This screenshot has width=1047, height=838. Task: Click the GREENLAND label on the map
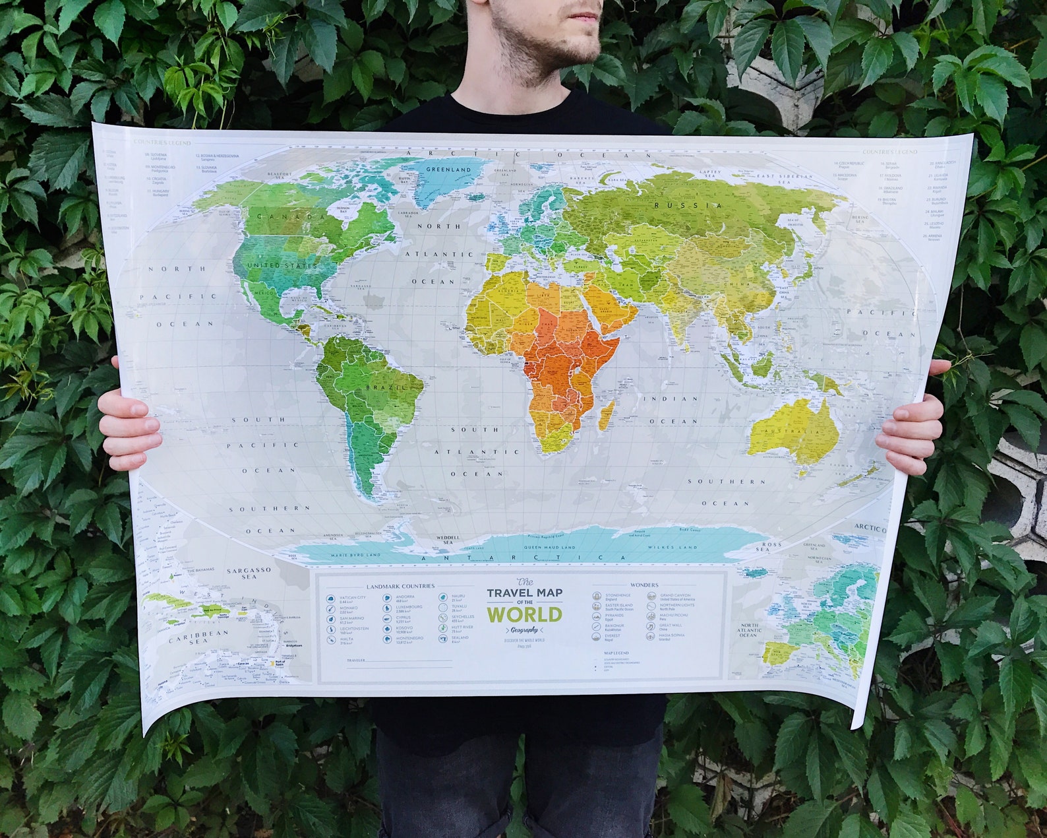click(x=448, y=170)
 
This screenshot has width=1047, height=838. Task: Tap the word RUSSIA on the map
click(x=688, y=206)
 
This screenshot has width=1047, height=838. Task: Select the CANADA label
click(x=282, y=216)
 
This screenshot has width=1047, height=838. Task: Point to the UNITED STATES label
click(x=282, y=265)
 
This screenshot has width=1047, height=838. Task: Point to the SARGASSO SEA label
click(x=249, y=573)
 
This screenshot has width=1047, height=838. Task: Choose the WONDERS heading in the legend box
click(x=643, y=585)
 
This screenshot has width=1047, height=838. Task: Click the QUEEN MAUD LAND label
click(x=549, y=547)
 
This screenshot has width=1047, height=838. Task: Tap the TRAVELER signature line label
click(x=355, y=660)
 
